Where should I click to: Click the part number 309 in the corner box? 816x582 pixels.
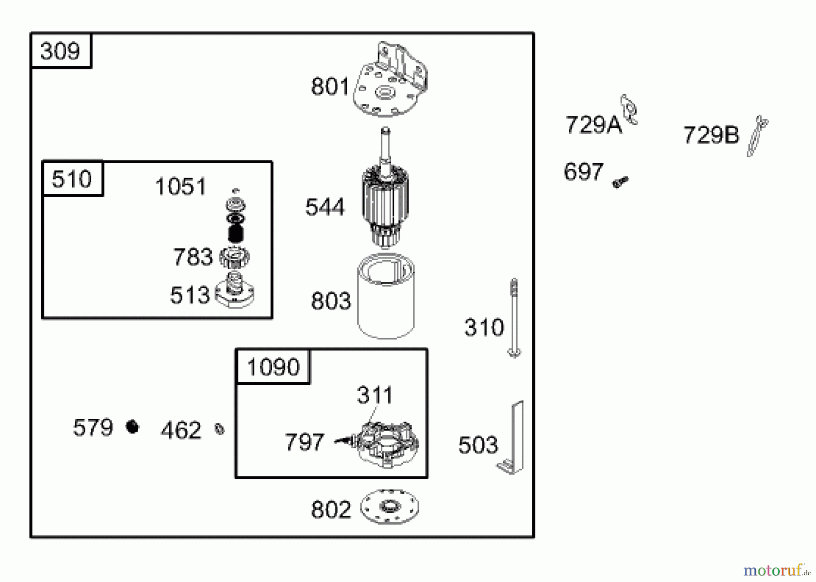click(x=60, y=51)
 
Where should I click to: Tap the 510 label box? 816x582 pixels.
click(x=72, y=179)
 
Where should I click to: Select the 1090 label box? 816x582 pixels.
click(x=273, y=367)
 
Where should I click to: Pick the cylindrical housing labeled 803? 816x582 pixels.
click(x=386, y=297)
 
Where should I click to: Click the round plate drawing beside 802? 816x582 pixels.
click(x=389, y=507)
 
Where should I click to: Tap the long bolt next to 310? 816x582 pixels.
click(x=514, y=317)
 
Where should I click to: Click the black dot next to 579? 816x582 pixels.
click(x=132, y=427)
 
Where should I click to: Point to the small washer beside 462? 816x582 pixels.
click(x=219, y=429)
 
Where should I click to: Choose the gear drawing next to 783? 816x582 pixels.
click(x=234, y=257)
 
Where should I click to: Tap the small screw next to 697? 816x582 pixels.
click(x=620, y=182)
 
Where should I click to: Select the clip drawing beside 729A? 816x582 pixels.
click(x=629, y=109)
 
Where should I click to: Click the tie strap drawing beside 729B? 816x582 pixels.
click(x=757, y=136)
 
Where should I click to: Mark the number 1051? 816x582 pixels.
click(x=180, y=187)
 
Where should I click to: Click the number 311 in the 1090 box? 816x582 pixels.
click(x=374, y=395)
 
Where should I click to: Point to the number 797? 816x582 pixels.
click(x=304, y=442)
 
